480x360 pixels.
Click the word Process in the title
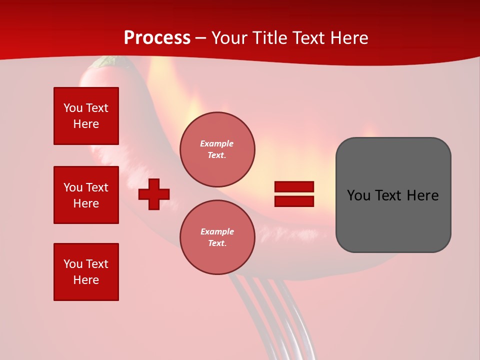157,38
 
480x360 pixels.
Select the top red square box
86,116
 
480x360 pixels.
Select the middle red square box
86,195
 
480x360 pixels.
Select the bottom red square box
86,272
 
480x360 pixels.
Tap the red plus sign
154,194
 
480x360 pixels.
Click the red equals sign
294,194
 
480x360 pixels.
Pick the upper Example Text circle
217,149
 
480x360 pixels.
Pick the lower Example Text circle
217,237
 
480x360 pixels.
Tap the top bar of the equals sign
294,187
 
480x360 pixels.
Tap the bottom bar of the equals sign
294,201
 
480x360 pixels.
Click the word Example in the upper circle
217,144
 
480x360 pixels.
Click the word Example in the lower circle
217,232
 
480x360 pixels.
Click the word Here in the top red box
86,124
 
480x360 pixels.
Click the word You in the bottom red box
72,264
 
